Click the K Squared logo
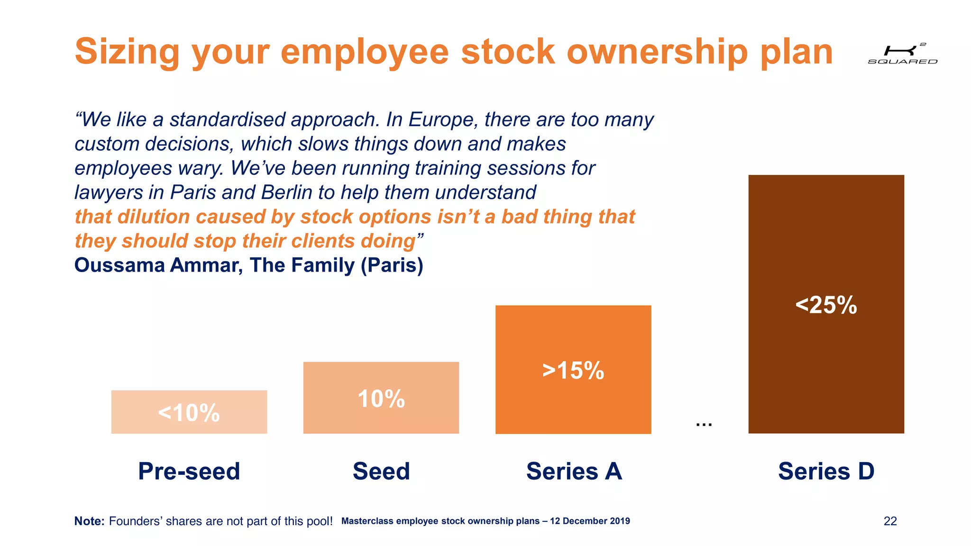(902, 54)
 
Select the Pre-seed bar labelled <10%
(189, 411)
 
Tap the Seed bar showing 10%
(381, 398)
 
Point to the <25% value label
(826, 305)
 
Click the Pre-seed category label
(189, 471)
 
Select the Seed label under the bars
(381, 471)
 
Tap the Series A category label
(574, 471)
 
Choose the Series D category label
(826, 471)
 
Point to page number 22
(890, 521)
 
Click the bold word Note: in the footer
(89, 521)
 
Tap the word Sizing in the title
(127, 52)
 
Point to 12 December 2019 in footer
(590, 521)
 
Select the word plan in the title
(796, 52)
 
